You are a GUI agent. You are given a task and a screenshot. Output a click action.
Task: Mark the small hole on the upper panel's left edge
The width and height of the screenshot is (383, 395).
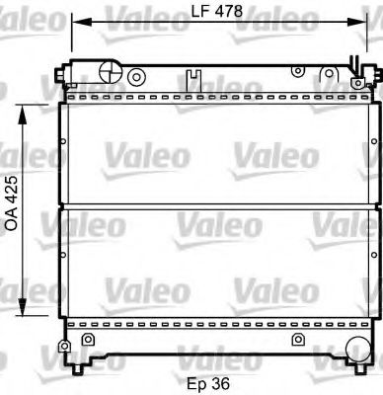pyautogui.click(x=64, y=141)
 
